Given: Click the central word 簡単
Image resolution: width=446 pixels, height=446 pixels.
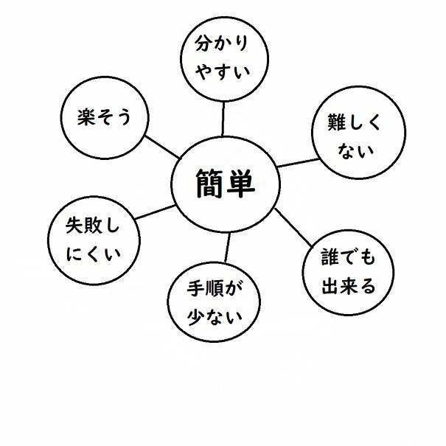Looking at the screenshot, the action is pyautogui.click(x=225, y=184).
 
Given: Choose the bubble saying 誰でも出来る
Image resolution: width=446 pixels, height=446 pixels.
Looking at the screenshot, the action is pyautogui.click(x=344, y=271).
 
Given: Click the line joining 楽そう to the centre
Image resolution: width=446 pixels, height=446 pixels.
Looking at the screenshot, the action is pyautogui.click(x=161, y=146).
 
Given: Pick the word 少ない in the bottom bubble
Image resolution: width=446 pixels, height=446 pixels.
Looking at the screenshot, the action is pyautogui.click(x=217, y=318).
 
